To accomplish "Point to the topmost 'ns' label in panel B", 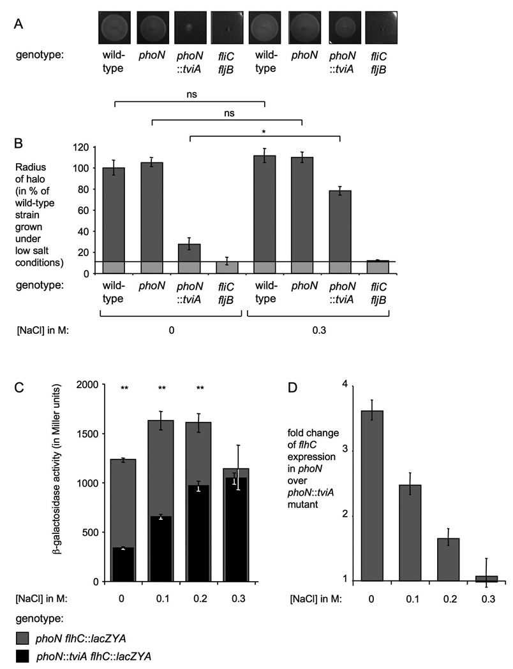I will click(190, 94).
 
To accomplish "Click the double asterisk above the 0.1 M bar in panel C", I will click(162, 405).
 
